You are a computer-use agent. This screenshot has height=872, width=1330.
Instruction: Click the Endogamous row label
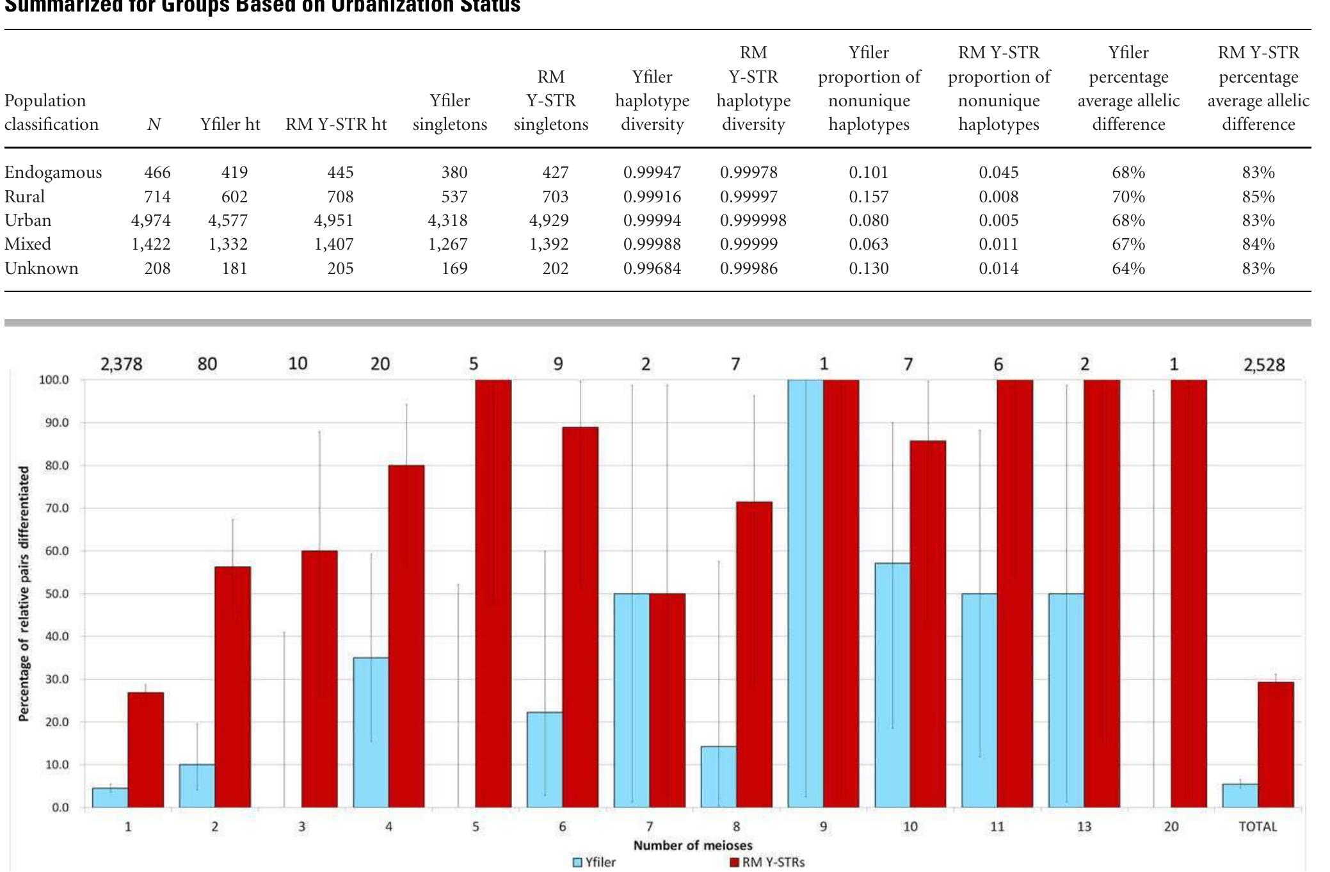[53, 172]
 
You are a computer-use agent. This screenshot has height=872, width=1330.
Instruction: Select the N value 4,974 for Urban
[151, 220]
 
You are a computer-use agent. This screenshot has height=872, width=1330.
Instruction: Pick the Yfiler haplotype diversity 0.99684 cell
[652, 268]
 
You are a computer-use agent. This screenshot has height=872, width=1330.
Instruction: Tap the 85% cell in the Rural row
[1258, 197]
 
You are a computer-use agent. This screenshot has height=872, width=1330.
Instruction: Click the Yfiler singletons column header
[449, 112]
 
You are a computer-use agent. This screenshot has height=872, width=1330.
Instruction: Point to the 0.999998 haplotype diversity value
[753, 220]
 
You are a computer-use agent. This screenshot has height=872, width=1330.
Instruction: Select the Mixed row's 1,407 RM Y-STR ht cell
[334, 244]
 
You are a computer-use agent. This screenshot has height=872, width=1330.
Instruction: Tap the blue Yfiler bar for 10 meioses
[892, 685]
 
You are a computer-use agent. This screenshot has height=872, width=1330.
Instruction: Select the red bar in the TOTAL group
[1275, 744]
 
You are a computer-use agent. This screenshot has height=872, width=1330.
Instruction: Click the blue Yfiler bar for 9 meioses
[805, 593]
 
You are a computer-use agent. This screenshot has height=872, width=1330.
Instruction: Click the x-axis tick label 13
[1084, 827]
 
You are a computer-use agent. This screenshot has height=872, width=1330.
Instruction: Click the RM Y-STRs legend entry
[767, 862]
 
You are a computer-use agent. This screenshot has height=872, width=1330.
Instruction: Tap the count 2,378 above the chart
[121, 364]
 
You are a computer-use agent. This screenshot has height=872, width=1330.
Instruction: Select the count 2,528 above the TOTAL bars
[1263, 365]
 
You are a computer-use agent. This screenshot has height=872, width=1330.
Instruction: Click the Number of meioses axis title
[693, 845]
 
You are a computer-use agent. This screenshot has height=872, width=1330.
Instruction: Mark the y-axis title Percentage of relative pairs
[24, 593]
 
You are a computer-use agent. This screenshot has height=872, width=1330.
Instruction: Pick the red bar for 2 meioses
[233, 686]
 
